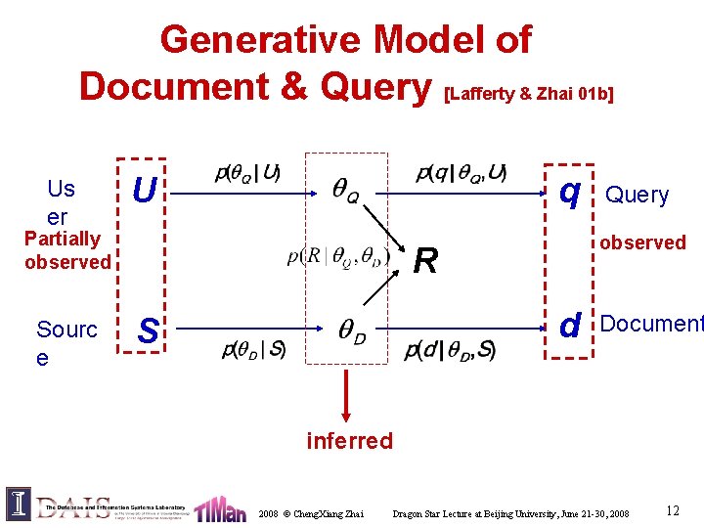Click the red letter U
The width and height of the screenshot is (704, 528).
[x=144, y=191]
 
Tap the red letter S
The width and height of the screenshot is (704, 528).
[x=148, y=331]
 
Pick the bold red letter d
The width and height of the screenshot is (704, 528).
[x=571, y=326]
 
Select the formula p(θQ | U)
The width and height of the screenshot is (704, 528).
[x=247, y=174]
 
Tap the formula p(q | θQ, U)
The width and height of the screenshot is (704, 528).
[x=461, y=174]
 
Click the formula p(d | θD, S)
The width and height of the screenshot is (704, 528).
[x=449, y=349]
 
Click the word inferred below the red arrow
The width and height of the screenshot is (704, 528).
[x=349, y=441]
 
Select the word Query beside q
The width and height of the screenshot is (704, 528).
[x=638, y=196]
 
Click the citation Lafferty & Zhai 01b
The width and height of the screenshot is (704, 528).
[x=529, y=94]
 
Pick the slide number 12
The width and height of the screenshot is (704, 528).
[x=673, y=510]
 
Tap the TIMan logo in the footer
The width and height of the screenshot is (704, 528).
[x=220, y=508]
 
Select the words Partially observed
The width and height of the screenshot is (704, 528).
[x=67, y=250]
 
